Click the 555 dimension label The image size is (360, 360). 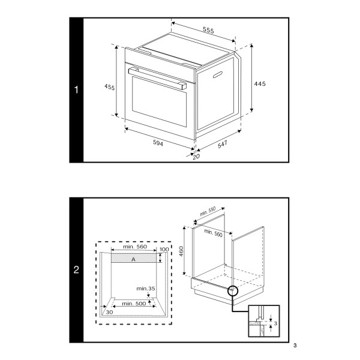coord(208,30)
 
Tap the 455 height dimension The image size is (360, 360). coord(110,87)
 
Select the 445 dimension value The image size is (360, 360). coord(260,84)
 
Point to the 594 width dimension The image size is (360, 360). coord(158,143)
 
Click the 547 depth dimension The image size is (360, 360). coord(223,144)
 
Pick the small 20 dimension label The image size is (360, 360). coord(196,157)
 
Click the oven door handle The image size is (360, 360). coord(157,78)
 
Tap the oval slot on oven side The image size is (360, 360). coord(218,74)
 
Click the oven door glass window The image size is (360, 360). coord(160,101)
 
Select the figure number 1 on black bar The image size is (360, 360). coord(76,89)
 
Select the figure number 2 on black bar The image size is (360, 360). coord(76,269)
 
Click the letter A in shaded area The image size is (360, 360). coord(133,259)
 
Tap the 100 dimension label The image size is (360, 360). coord(164,250)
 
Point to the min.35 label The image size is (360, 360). coord(146,289)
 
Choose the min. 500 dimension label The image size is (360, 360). coord(134,304)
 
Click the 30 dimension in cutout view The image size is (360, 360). coord(110,312)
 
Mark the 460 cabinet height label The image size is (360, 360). coord(181,251)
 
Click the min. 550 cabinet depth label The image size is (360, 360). coord(208,211)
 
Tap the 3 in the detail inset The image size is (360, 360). coord(275,323)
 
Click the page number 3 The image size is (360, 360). coord(295,346)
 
